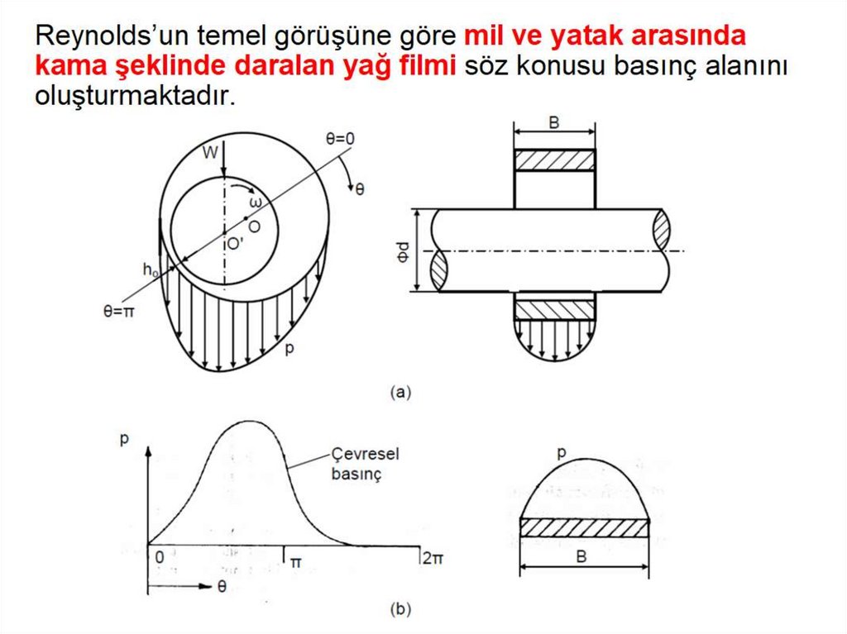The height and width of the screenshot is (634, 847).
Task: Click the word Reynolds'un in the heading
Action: coord(110,36)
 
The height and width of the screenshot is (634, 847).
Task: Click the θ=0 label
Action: coord(340,139)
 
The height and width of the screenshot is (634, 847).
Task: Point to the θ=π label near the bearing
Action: coord(119,312)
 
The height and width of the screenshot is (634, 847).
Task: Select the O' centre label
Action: coord(235,244)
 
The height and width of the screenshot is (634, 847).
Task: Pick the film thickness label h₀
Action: coord(151,269)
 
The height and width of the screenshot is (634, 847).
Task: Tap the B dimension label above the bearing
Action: coord(553,122)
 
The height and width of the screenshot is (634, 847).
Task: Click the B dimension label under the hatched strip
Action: coord(581,556)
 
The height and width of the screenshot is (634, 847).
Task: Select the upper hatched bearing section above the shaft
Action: coord(555,160)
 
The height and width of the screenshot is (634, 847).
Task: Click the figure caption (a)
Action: coord(400,392)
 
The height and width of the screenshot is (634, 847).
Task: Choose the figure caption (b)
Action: coord(400,610)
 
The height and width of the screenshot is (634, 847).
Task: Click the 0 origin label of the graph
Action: coord(160,557)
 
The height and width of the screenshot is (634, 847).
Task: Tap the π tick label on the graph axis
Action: coord(296,562)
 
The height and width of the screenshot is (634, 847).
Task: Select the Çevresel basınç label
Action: coord(365,464)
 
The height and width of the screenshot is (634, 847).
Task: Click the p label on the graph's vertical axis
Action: coord(124,438)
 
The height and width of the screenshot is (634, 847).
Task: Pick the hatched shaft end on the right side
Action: coord(662,230)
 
